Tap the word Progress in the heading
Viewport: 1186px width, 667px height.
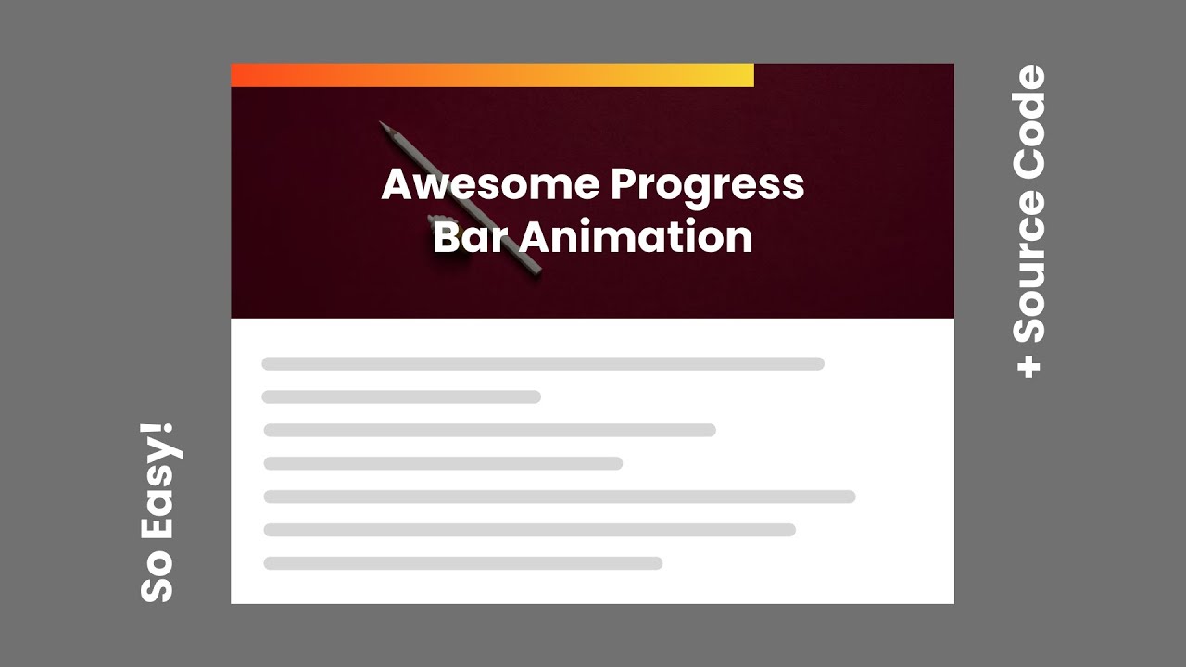click(x=707, y=185)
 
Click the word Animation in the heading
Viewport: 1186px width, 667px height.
click(x=635, y=237)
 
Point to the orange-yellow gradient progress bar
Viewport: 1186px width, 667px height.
click(x=492, y=75)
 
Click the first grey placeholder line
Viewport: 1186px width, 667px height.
click(x=543, y=364)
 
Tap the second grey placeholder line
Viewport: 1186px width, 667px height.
click(x=401, y=397)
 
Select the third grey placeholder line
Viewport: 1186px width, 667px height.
click(x=489, y=430)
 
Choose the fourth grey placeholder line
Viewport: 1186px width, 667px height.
click(x=443, y=463)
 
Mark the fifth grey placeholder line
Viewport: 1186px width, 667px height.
click(x=559, y=497)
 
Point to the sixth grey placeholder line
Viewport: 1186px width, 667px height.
click(x=529, y=530)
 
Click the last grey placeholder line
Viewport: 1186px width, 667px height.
click(x=462, y=563)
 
